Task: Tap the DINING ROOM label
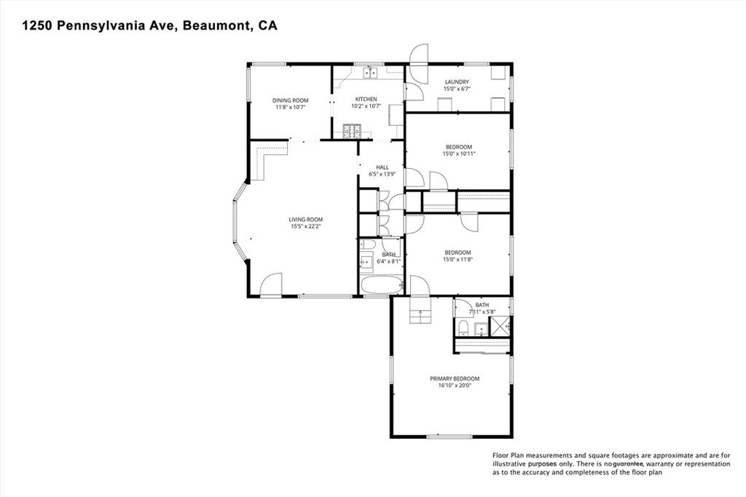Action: point(290,100)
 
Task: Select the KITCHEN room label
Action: point(366,99)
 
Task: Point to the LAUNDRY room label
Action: point(457,82)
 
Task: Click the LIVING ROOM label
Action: point(305,219)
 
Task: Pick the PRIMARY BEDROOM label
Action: point(455,378)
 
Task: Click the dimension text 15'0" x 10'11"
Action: point(458,154)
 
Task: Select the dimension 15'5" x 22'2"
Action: point(305,226)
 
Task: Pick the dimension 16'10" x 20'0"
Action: point(455,386)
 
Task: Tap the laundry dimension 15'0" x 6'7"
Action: point(457,89)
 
